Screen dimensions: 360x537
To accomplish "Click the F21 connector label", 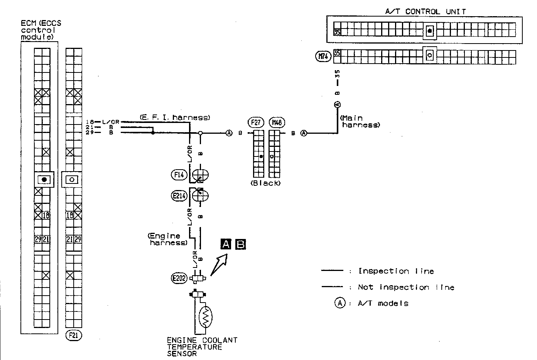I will pos(74,335).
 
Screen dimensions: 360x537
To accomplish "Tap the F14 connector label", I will pos(179,175).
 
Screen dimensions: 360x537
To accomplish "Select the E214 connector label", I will pos(179,196).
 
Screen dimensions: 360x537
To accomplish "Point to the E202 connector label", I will pos(179,278).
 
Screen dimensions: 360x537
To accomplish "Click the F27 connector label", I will pos(256,123).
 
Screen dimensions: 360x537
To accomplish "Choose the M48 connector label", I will pos(277,123).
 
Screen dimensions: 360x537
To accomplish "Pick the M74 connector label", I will pos(323,57).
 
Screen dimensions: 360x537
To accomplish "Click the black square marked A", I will pos(226,244).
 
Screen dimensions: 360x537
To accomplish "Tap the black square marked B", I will pos(240,244).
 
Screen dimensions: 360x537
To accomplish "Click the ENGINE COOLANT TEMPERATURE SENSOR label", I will pos(202,347).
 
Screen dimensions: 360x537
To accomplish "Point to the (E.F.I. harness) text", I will pos(174,117).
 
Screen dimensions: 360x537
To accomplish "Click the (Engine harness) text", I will pos(167,239).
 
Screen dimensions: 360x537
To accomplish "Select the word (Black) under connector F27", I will pos(265,183).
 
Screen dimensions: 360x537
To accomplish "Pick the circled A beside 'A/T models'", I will pos(339,303).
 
